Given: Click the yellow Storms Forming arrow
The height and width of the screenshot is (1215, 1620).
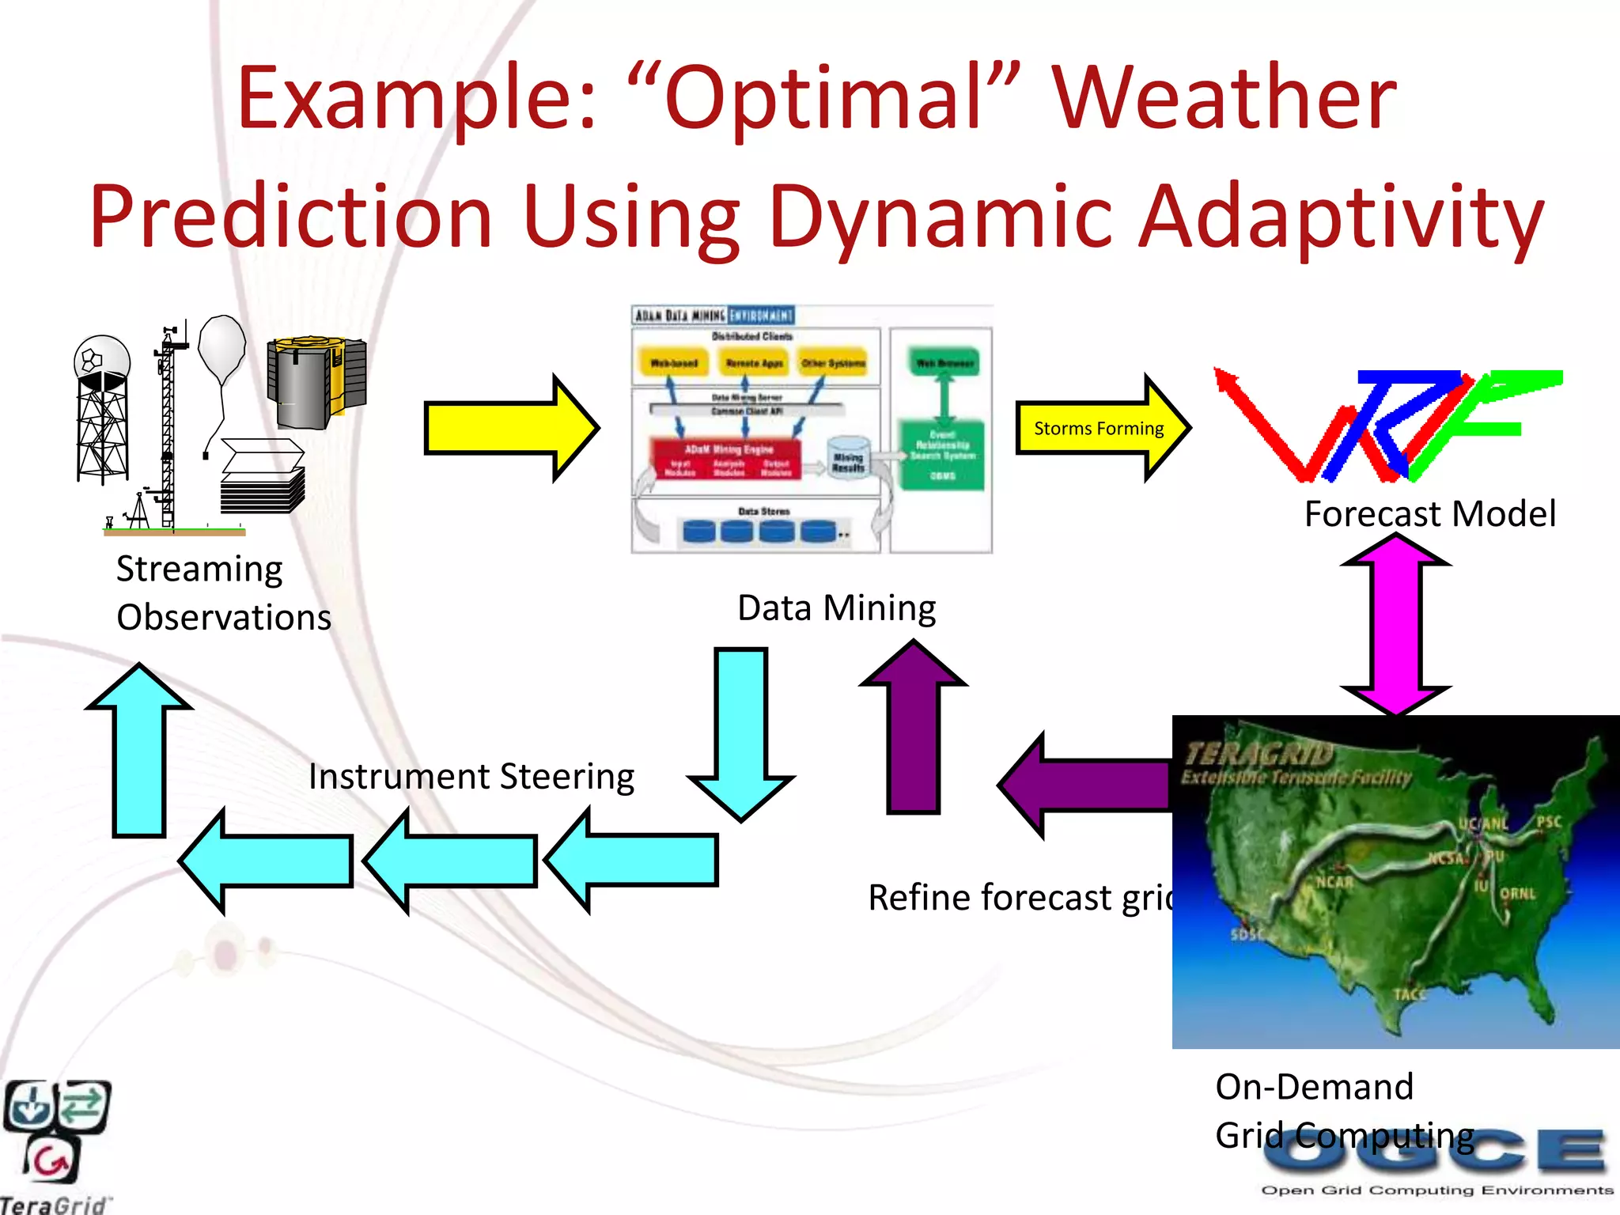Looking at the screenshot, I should [1100, 429].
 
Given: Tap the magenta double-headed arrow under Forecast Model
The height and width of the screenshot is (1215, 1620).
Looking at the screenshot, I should [1396, 625].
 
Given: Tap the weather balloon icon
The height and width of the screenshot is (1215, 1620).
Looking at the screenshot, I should [221, 348].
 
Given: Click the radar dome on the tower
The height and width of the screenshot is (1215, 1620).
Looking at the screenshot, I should [102, 361].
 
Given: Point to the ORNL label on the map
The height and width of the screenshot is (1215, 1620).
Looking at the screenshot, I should [1517, 894].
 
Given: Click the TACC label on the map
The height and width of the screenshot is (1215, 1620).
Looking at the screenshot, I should [1409, 994].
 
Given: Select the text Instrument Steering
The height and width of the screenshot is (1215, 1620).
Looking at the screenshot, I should [471, 777].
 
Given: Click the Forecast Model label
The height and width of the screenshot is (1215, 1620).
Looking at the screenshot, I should [1429, 514].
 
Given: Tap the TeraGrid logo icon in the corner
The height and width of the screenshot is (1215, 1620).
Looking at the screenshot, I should [55, 1131].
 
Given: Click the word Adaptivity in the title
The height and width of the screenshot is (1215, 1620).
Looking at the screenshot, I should [1341, 216].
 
